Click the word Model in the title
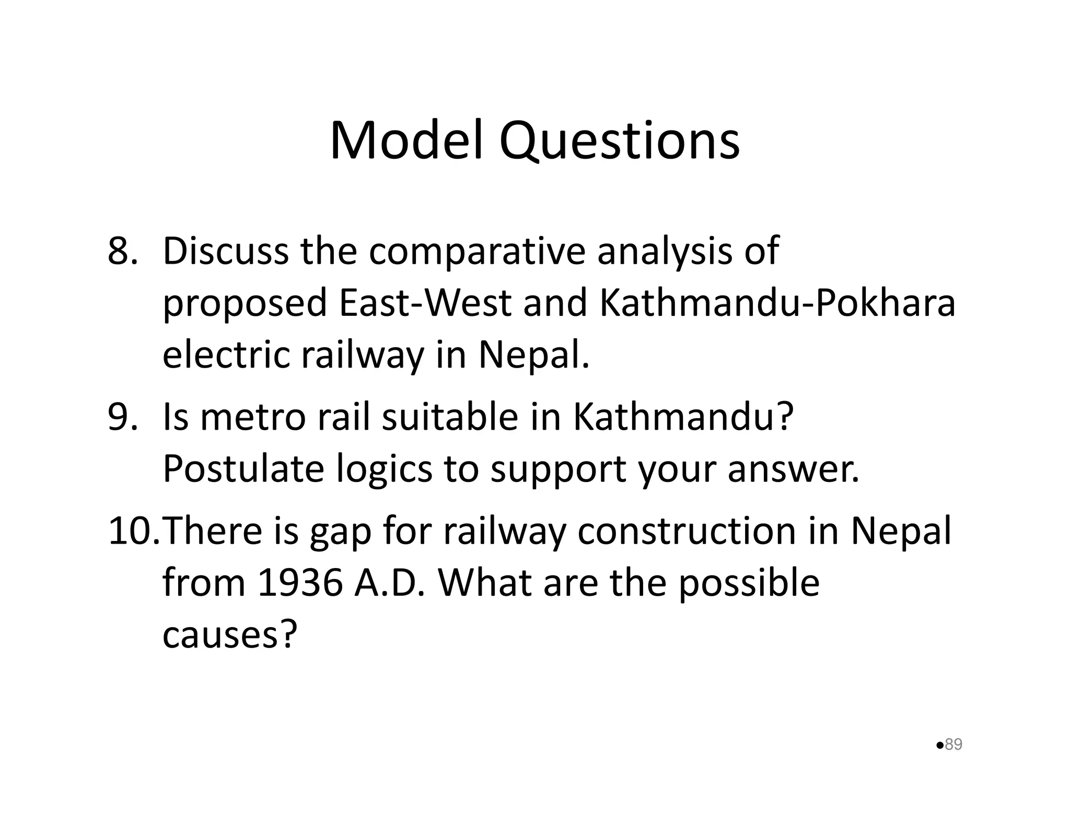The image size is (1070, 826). click(x=405, y=141)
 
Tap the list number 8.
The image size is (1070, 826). click(x=122, y=251)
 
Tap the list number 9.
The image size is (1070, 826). click(x=122, y=417)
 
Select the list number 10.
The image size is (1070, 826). click(x=133, y=531)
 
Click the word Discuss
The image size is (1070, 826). click(x=225, y=251)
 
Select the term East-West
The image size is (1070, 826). click(x=425, y=303)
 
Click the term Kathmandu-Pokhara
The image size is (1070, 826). click(x=777, y=303)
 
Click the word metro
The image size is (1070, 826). click(x=253, y=417)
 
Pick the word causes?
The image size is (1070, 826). click(x=230, y=635)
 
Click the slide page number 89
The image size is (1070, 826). click(x=953, y=744)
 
